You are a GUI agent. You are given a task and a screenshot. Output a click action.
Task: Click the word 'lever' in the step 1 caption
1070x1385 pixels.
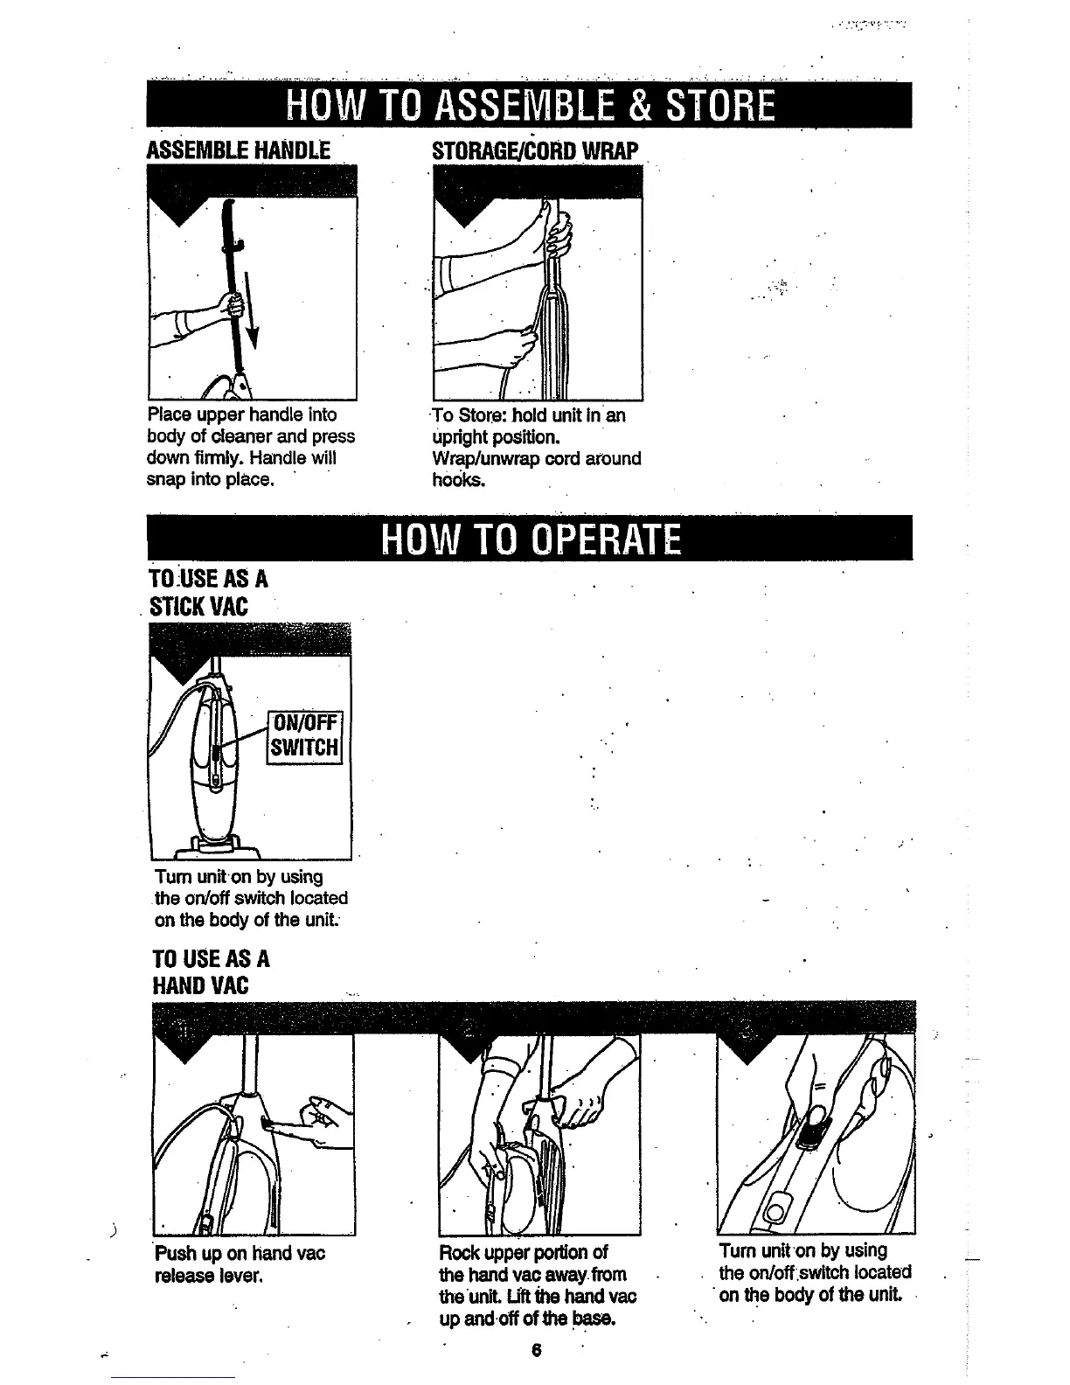[244, 1276]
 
